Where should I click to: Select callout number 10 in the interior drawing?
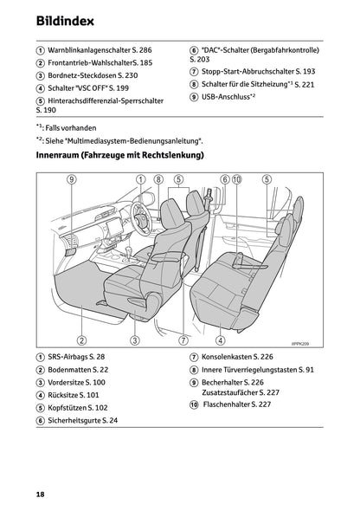pos(236,179)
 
